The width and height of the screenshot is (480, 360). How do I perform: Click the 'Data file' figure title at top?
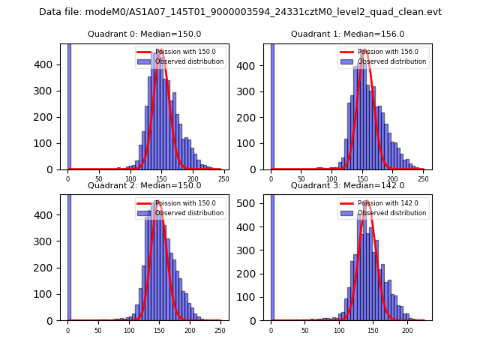point(240,12)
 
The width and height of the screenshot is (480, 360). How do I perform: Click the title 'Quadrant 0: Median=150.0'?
point(144,34)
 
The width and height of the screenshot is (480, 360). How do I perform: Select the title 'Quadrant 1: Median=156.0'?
point(347,34)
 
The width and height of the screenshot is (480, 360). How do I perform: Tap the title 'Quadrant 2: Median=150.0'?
point(144,185)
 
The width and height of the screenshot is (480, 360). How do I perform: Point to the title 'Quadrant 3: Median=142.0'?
point(347,185)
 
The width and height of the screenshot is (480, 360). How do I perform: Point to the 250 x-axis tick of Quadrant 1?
point(423,179)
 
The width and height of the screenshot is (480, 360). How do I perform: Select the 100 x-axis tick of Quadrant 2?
point(128,330)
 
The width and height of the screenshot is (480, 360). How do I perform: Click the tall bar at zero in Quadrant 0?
point(68,105)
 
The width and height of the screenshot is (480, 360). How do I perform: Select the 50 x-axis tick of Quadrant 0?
point(99,179)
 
